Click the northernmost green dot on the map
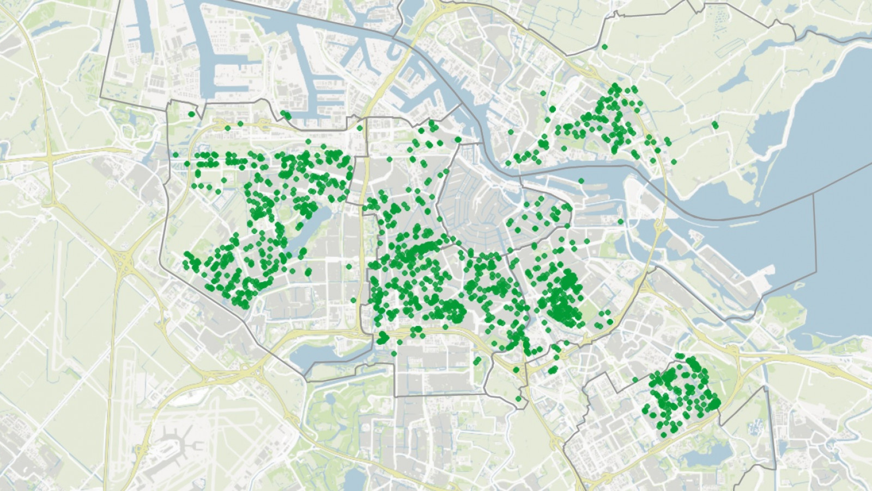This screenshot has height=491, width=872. click(604, 47)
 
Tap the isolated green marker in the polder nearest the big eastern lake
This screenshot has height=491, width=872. click(714, 125)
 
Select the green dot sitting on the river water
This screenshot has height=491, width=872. click(582, 181)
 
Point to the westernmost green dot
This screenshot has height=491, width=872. click(175, 155)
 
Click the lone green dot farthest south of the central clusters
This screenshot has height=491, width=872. click(518, 399)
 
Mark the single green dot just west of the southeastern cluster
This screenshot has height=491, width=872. click(635, 380)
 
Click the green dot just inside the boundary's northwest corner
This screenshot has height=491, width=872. click(191, 114)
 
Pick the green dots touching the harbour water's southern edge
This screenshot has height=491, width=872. click(286, 115)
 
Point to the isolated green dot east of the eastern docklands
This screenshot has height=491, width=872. click(620, 221)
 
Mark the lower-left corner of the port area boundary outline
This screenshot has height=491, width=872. click(101, 98)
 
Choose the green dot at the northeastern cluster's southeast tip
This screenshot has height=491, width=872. click(674, 162)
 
